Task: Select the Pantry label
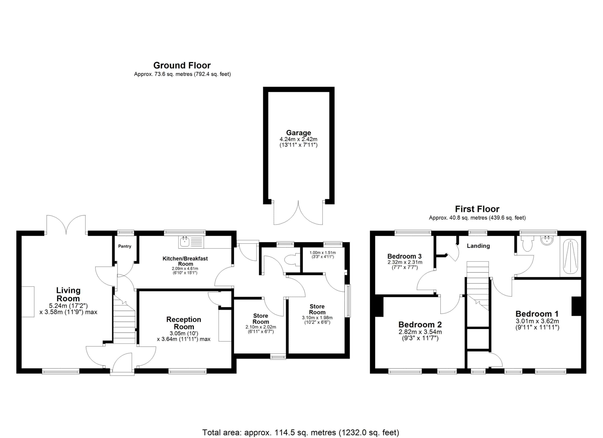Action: pos(125,246)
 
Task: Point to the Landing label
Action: pos(478,246)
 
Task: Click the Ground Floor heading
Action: pos(182,65)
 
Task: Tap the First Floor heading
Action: pos(477,209)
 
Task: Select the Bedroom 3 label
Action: pos(404,256)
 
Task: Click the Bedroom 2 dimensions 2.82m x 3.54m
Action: pos(420,332)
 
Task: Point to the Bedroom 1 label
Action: pos(537,314)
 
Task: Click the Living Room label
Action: pos(68,294)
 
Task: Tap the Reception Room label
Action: pos(184,323)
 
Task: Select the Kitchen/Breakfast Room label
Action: pos(185,261)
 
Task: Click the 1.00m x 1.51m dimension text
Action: pos(322,253)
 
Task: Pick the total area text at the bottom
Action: pos(301,432)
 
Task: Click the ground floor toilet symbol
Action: pos(292,260)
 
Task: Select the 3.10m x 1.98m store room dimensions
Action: pos(317,318)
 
